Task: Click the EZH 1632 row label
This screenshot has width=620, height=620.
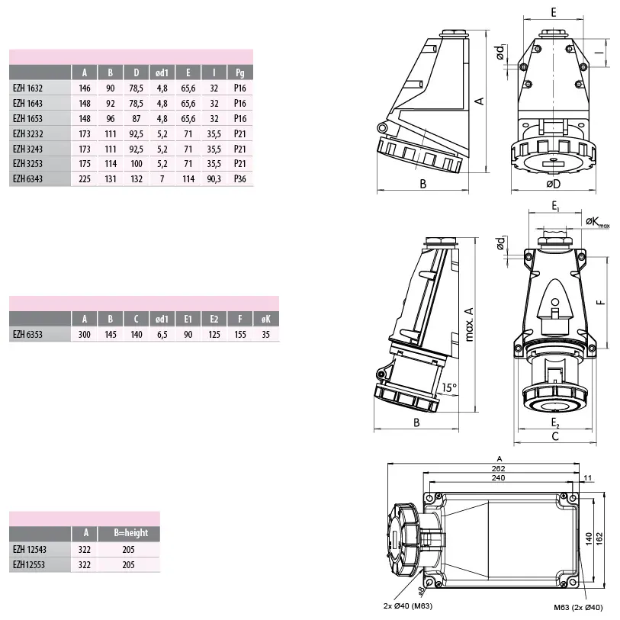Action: pyautogui.click(x=27, y=88)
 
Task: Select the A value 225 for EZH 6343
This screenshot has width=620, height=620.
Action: pyautogui.click(x=85, y=179)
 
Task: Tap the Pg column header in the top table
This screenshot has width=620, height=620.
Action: pyautogui.click(x=240, y=72)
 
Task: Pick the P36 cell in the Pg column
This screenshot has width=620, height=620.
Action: pyautogui.click(x=240, y=178)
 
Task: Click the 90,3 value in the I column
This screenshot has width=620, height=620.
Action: pyautogui.click(x=214, y=179)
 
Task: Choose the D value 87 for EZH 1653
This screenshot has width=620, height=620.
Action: pyautogui.click(x=137, y=119)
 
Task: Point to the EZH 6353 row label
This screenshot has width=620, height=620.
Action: pyautogui.click(x=27, y=335)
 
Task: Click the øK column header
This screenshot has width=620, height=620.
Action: pyautogui.click(x=265, y=319)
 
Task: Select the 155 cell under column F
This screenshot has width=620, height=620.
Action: pyautogui.click(x=240, y=335)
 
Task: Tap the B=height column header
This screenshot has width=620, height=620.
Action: pyautogui.click(x=131, y=532)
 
